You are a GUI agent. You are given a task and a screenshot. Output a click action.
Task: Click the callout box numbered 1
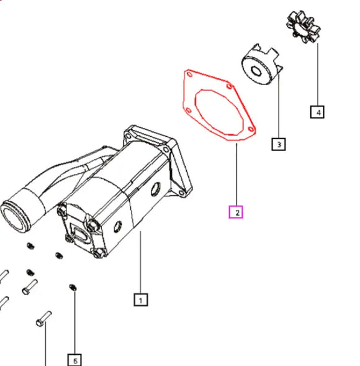tap(141, 300)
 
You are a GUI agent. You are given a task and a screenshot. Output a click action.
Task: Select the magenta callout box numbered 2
tap(236, 212)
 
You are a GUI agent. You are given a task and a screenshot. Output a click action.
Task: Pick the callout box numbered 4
tap(318, 112)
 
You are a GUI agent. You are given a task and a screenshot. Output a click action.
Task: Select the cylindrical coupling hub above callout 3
tap(260, 66)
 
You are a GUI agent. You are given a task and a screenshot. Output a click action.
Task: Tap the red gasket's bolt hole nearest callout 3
tap(250, 129)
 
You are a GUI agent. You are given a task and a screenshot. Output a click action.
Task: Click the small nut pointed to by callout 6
tap(73, 287)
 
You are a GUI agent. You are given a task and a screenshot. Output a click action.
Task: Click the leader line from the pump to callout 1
tap(141, 261)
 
